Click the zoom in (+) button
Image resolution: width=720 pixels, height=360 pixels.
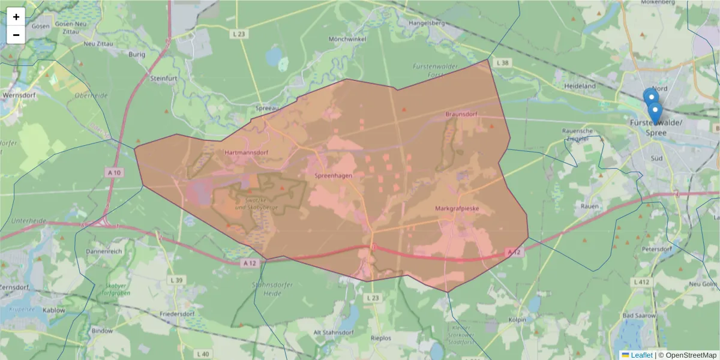point(16,17)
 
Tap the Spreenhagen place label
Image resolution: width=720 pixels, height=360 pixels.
point(333,175)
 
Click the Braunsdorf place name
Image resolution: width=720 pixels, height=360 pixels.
point(461,113)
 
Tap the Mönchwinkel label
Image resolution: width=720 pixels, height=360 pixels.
point(347,39)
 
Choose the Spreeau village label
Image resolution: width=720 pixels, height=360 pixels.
point(268,108)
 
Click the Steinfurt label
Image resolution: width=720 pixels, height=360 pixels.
point(164,78)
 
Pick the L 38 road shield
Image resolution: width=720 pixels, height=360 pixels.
point(502,62)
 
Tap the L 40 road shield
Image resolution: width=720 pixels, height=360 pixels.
point(203,354)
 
